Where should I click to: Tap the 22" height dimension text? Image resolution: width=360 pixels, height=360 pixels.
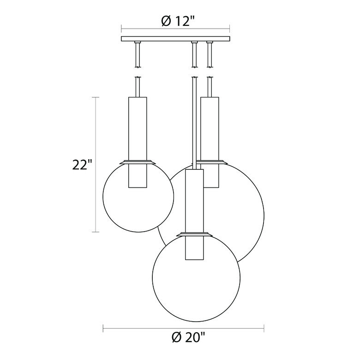click(x=83, y=165)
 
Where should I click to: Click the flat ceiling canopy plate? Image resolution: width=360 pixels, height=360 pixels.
click(x=175, y=39)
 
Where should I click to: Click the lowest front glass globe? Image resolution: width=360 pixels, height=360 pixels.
click(x=196, y=282)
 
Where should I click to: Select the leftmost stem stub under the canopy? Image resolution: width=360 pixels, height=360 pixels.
click(x=137, y=54)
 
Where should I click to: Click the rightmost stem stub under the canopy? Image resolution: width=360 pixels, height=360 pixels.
click(x=210, y=54)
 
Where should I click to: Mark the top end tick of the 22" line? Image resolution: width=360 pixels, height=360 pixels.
click(x=96, y=97)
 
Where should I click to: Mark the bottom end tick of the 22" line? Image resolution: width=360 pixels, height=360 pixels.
click(x=96, y=232)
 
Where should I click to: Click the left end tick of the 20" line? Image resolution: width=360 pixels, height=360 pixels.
click(x=102, y=329)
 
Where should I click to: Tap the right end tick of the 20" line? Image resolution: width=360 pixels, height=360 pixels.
click(x=264, y=329)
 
